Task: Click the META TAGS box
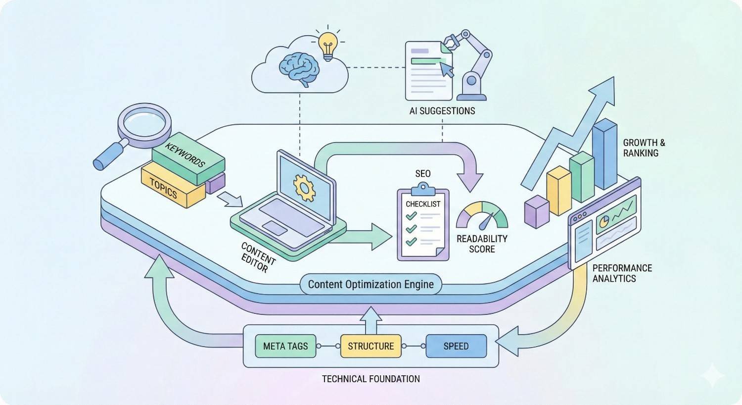(285, 346)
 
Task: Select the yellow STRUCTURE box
(371, 346)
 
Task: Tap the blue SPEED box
(456, 346)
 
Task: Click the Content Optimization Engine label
(371, 284)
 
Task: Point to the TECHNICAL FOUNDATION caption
(371, 379)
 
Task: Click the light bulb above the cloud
(327, 46)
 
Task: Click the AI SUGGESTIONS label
(442, 111)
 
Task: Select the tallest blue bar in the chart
(604, 154)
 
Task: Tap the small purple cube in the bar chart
(536, 211)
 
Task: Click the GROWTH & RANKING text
(644, 148)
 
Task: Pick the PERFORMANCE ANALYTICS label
(622, 273)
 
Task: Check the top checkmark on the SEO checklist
(411, 216)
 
